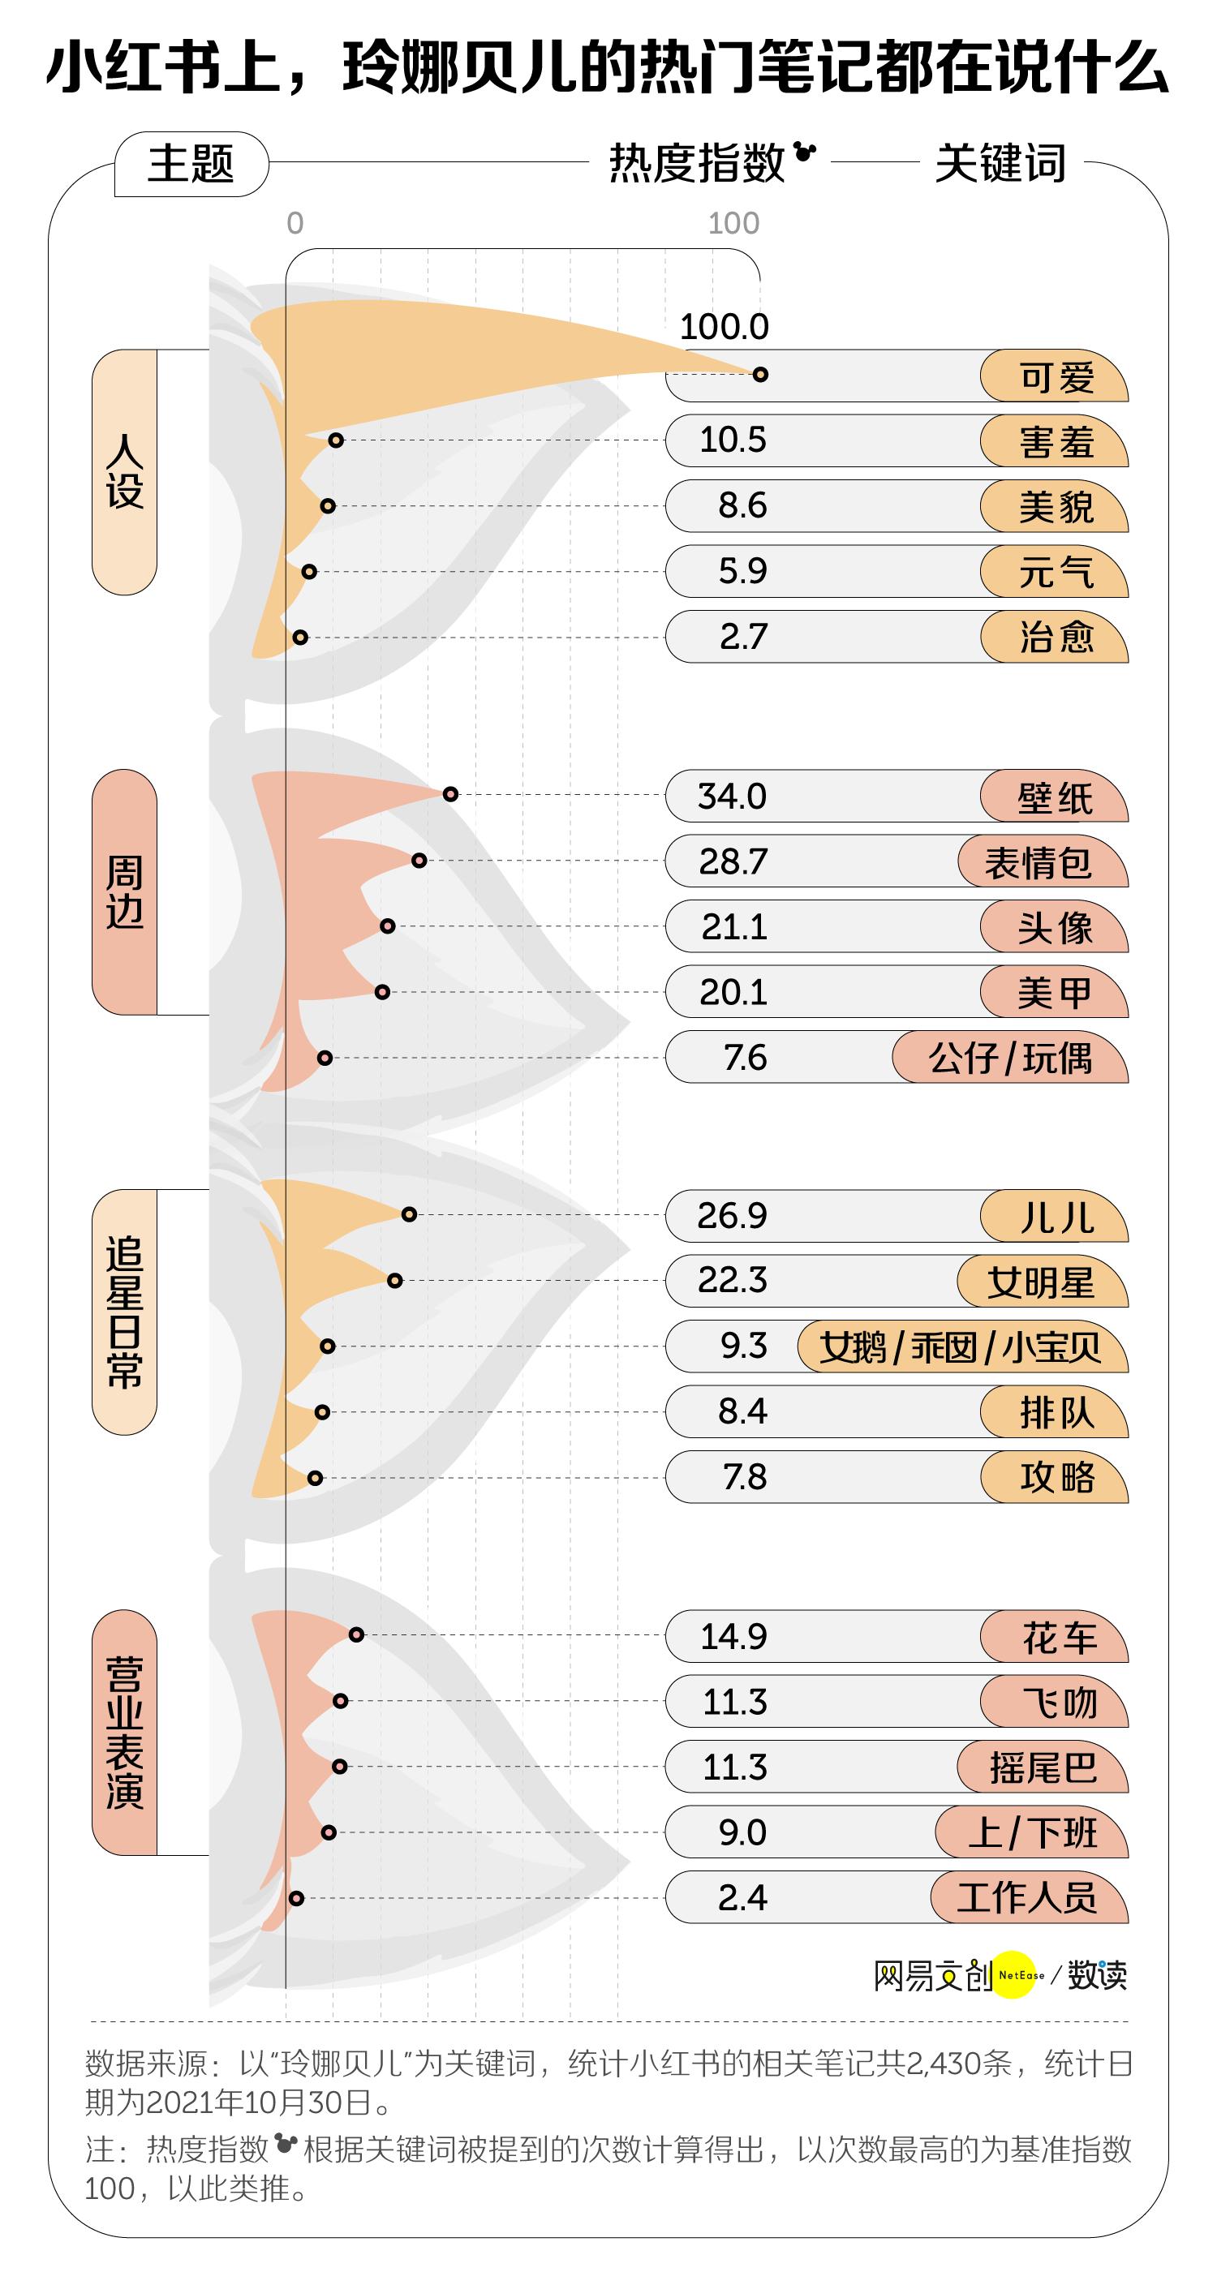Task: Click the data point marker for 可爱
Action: point(760,374)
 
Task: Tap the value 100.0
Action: point(724,327)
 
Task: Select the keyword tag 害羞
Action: point(1055,441)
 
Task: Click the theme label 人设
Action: point(124,472)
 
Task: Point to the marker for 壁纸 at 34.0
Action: point(450,794)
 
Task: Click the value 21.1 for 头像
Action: point(733,927)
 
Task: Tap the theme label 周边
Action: point(124,891)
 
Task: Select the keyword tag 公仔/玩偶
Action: point(1010,1058)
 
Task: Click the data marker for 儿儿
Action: point(409,1214)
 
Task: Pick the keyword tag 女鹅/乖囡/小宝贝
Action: point(961,1346)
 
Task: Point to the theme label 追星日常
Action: point(124,1312)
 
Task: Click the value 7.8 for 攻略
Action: point(744,1477)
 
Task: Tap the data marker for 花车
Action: point(356,1634)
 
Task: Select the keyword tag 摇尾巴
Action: point(1043,1767)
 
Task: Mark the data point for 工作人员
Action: point(296,1897)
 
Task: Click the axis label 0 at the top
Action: point(295,224)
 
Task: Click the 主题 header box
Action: point(191,164)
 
